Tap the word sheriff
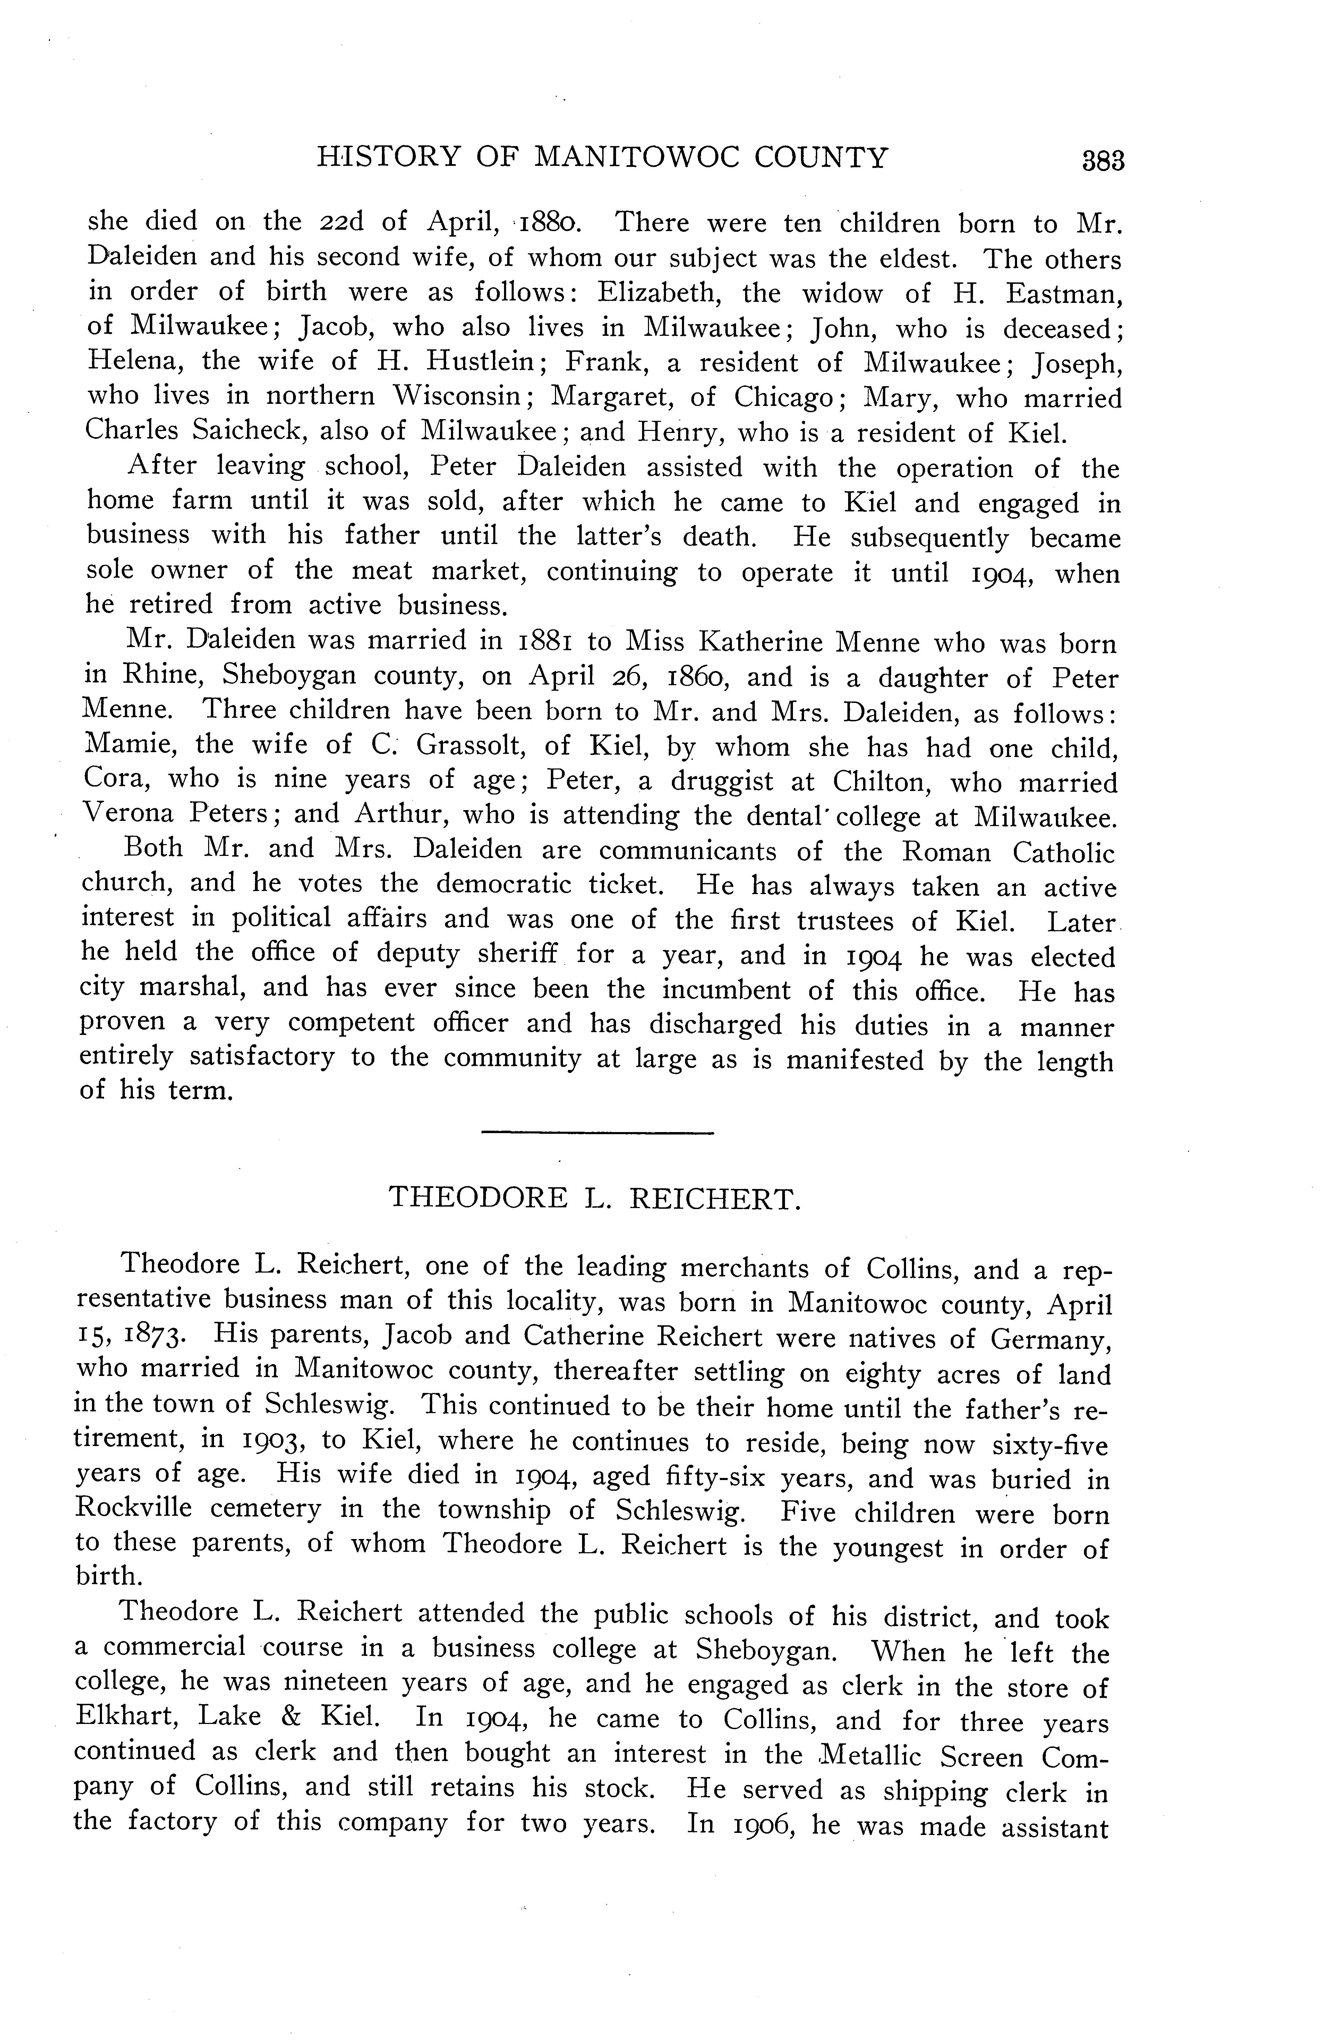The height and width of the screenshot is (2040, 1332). click(513, 953)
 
